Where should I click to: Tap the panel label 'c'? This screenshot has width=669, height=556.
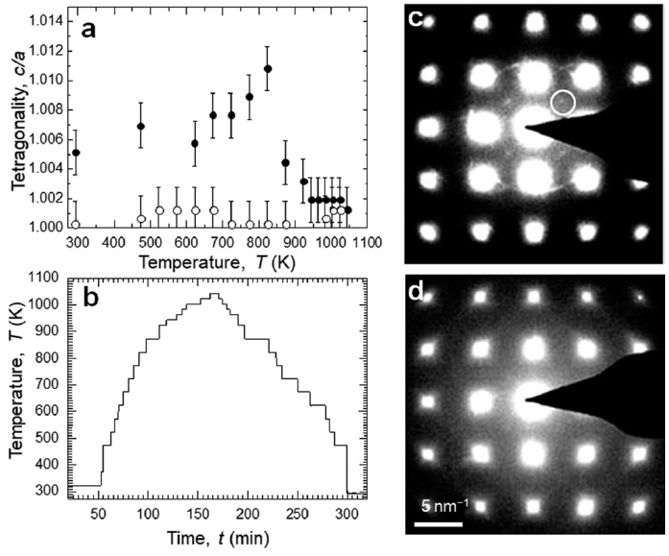click(419, 20)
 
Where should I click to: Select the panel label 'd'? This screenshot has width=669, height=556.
click(419, 290)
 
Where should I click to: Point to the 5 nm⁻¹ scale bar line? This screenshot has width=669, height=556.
click(440, 524)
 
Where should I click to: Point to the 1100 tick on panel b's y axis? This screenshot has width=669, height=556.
click(46, 278)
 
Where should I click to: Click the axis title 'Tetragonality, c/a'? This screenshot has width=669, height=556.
click(12, 123)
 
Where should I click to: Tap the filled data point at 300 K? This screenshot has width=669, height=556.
click(76, 153)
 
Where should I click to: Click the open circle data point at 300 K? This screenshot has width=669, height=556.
click(76, 224)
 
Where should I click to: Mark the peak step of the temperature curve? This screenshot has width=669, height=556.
click(159, 294)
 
